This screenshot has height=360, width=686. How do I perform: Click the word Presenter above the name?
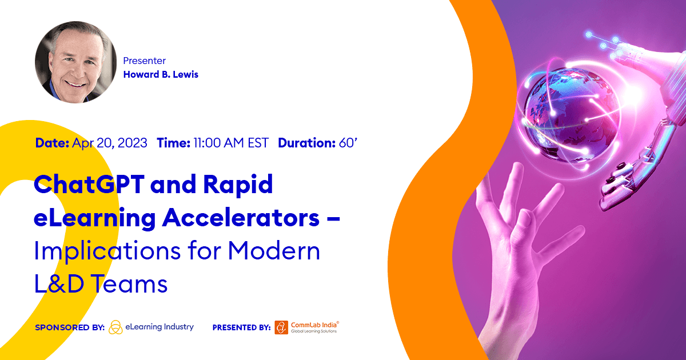pos(145,61)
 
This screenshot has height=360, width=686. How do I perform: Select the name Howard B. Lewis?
pos(161,74)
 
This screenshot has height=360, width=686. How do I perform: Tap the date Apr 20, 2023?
pos(110,143)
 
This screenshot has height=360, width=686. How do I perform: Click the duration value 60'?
pos(348,143)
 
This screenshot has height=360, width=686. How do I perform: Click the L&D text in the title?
pos(59,284)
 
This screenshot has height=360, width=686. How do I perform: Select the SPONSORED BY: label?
pos(69,327)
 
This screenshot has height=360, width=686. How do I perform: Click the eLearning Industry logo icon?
pos(115,327)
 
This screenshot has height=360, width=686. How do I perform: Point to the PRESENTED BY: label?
pos(241,327)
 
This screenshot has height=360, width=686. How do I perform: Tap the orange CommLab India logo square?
pos(281,327)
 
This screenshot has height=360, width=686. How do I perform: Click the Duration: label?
pos(306,143)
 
